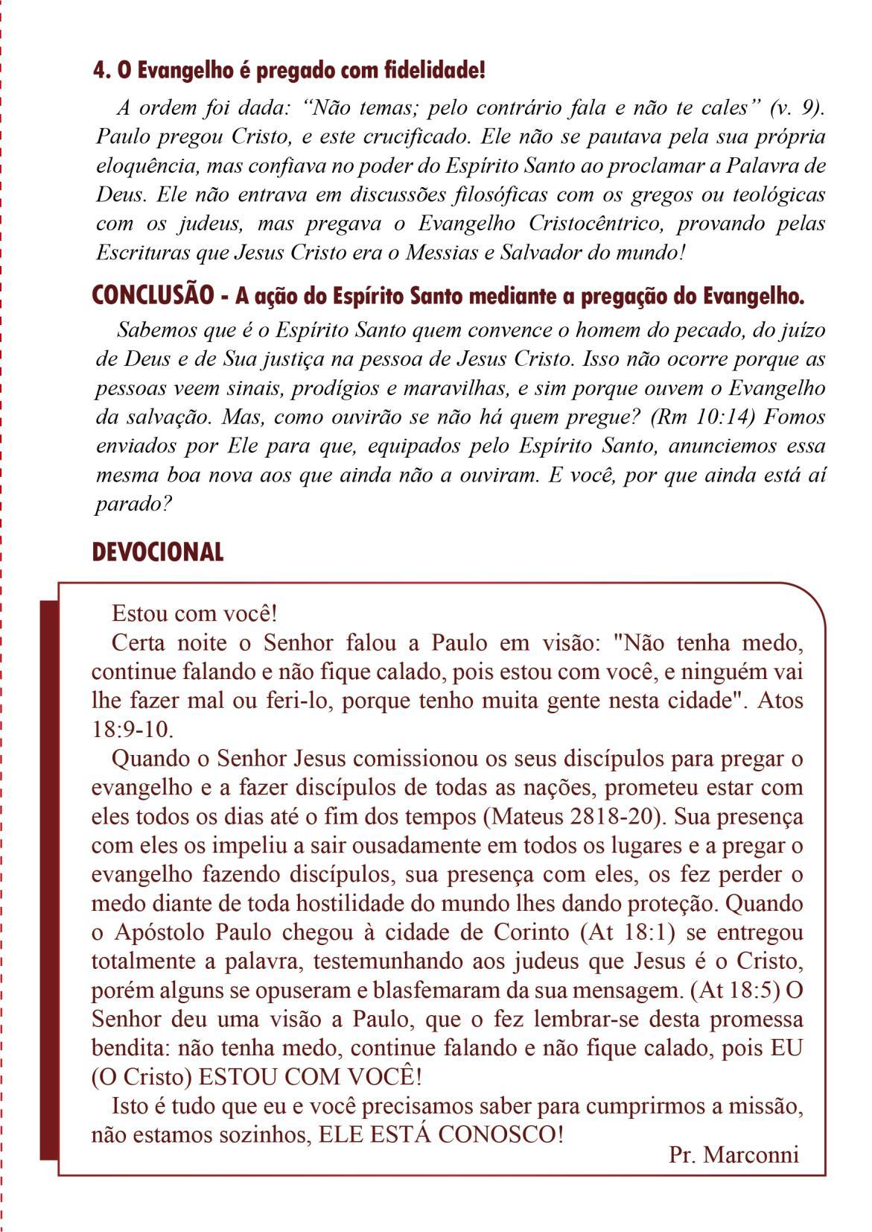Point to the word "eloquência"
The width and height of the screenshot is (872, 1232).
[x=146, y=165]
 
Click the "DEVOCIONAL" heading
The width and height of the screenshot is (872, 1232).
[x=158, y=552]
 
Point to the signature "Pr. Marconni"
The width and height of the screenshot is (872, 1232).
[x=733, y=1155]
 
